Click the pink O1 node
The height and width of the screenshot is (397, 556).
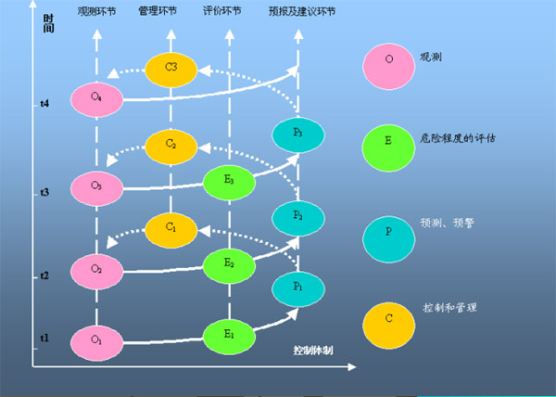96,339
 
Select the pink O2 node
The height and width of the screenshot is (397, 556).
96,268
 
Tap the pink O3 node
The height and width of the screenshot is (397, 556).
96,186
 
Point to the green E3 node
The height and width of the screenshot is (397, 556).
228,180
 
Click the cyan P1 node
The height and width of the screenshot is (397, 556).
297,288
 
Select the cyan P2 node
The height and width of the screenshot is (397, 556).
297,216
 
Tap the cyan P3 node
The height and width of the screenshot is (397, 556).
297,134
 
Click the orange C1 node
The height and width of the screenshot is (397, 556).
170,226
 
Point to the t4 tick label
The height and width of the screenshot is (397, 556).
44,104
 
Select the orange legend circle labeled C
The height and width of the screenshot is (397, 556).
388,318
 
